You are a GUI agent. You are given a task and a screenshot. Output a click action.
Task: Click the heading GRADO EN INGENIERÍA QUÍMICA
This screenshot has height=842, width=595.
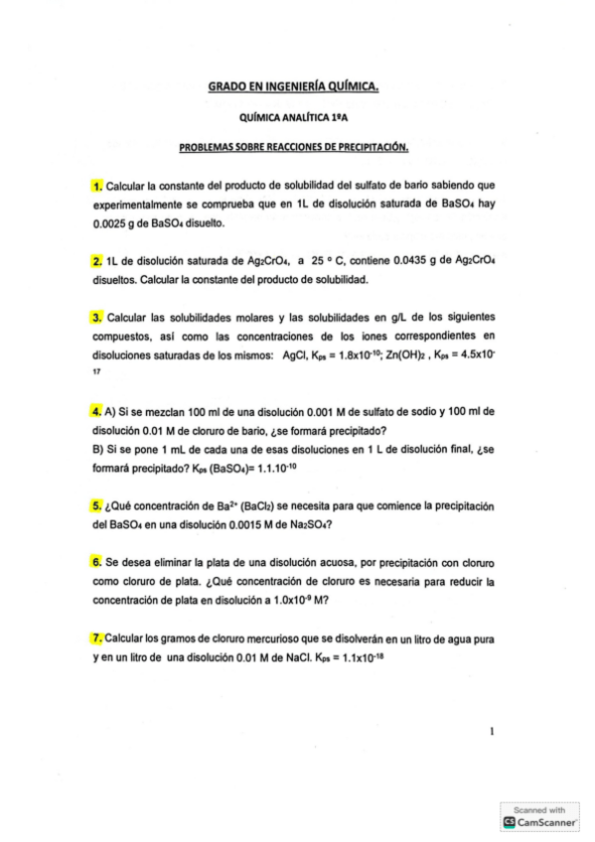pyautogui.click(x=293, y=88)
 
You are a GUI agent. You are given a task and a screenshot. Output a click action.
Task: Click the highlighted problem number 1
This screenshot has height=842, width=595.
pyautogui.click(x=96, y=185)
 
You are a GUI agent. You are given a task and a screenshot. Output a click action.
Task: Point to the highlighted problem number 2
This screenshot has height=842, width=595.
pyautogui.click(x=96, y=261)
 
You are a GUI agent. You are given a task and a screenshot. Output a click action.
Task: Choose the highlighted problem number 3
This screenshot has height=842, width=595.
pyautogui.click(x=96, y=317)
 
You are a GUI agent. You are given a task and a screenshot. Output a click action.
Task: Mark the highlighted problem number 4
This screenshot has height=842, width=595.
pyautogui.click(x=96, y=411)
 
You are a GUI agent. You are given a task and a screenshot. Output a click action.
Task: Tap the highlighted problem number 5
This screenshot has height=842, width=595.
pyautogui.click(x=96, y=505)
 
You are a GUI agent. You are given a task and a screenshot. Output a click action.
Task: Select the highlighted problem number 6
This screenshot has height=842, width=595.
pyautogui.click(x=96, y=562)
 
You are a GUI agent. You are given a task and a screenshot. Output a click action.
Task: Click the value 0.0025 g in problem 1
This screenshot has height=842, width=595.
pyautogui.click(x=111, y=223)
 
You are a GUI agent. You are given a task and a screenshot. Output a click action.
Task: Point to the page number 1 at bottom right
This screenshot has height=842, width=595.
pyautogui.click(x=492, y=732)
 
